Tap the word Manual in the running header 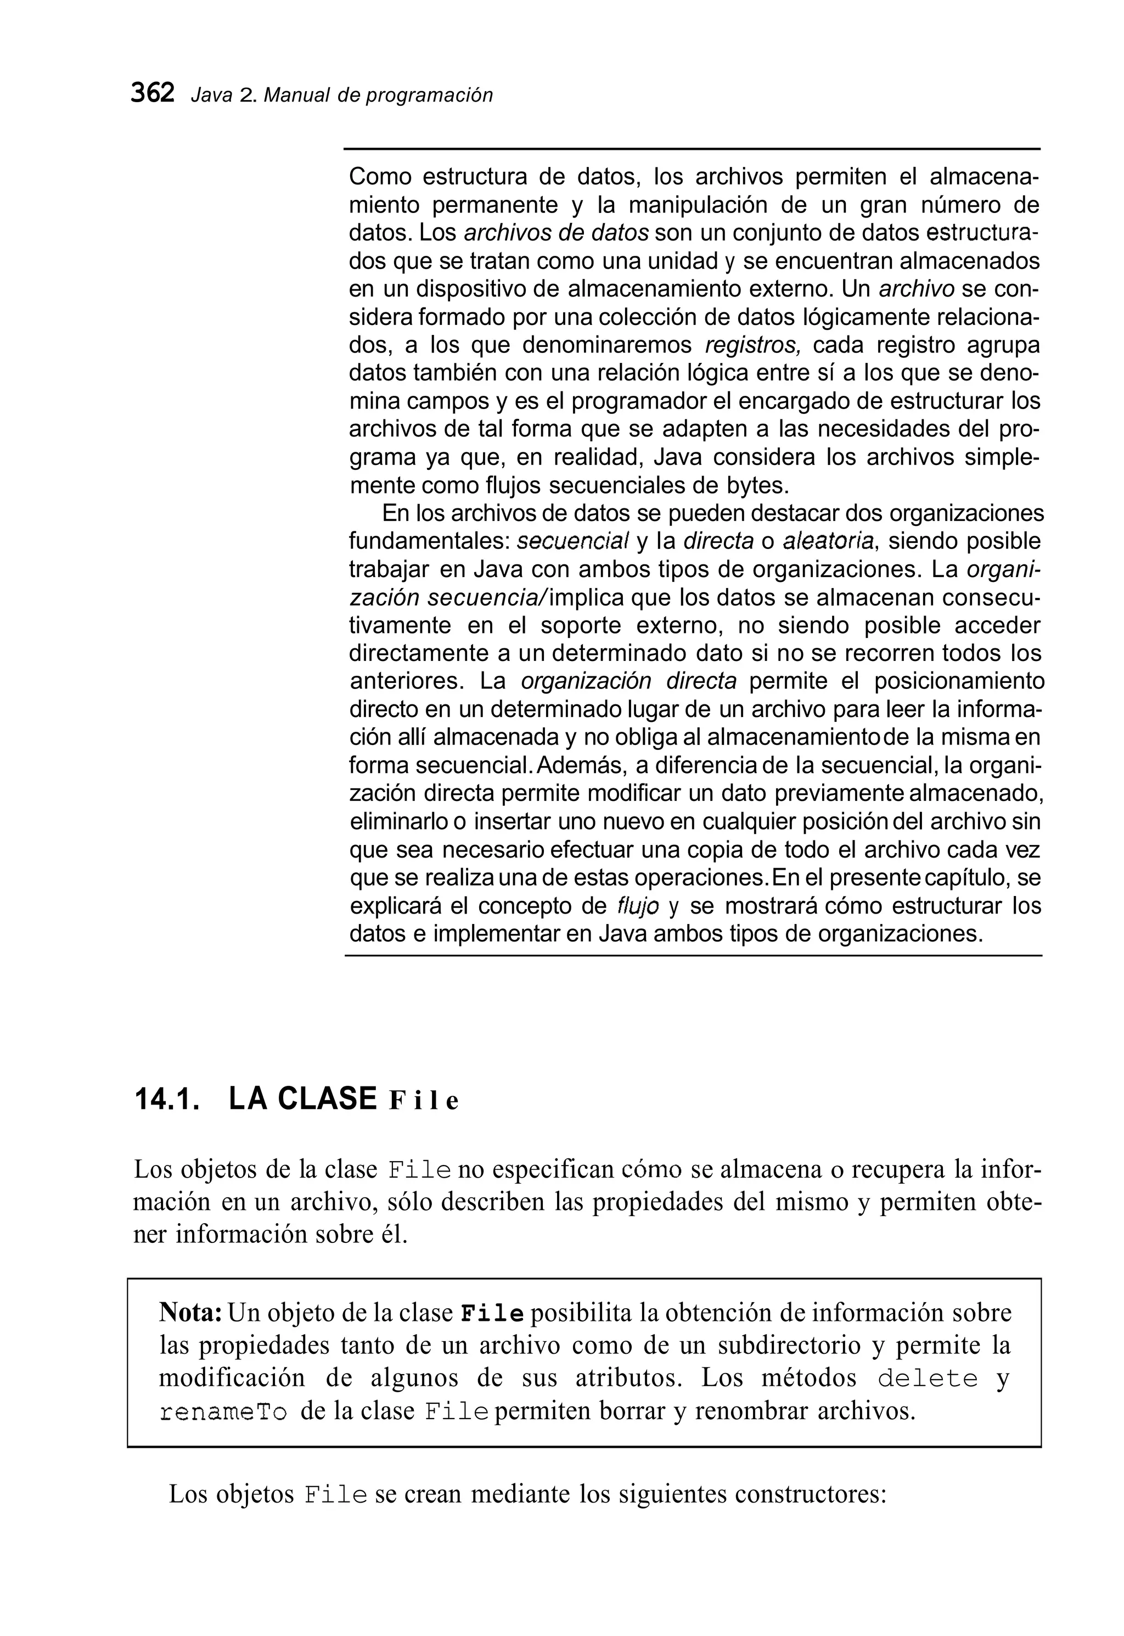pyautogui.click(x=296, y=95)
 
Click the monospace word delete pyautogui.click(x=928, y=1378)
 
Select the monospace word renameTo pyautogui.click(x=223, y=1412)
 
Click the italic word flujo pyautogui.click(x=637, y=906)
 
